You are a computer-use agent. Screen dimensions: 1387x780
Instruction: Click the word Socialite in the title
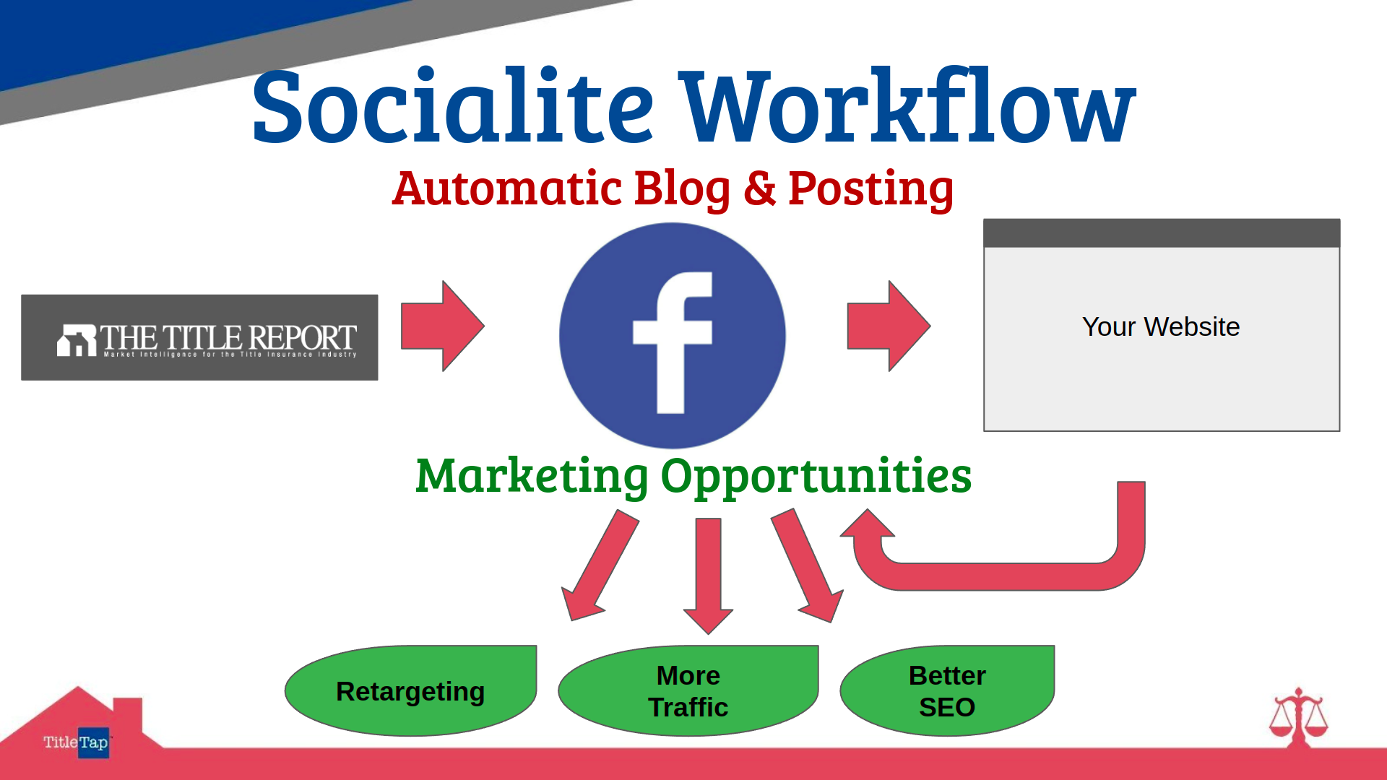tap(453, 105)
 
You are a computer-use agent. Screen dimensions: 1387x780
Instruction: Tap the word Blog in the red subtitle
tap(683, 189)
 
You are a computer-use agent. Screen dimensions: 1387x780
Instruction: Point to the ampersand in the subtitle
tap(759, 188)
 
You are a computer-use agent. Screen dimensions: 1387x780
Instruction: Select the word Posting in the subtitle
tap(871, 190)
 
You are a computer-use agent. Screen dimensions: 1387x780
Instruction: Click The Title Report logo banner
tap(199, 337)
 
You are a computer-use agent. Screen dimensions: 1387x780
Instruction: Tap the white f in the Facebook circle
tap(673, 342)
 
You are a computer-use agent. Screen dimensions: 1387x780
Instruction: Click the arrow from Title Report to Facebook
tap(442, 326)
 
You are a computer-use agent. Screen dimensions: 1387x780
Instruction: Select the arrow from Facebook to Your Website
tap(889, 326)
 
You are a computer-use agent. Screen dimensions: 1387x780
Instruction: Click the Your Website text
tap(1161, 326)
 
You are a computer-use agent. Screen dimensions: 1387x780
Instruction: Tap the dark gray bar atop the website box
tap(1162, 233)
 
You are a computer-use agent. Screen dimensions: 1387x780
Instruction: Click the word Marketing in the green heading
tap(532, 476)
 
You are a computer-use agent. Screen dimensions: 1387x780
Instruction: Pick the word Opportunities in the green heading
tap(816, 477)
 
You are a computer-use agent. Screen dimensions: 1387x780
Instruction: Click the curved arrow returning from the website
tap(997, 576)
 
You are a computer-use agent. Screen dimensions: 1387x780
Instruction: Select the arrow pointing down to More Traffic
tap(708, 576)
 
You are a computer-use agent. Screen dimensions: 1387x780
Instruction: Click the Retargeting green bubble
tap(410, 690)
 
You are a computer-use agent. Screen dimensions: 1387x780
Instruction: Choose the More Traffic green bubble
tap(688, 690)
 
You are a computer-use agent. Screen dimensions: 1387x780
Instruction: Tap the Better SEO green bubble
tap(947, 690)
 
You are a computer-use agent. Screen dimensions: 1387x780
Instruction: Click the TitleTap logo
tap(76, 742)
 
